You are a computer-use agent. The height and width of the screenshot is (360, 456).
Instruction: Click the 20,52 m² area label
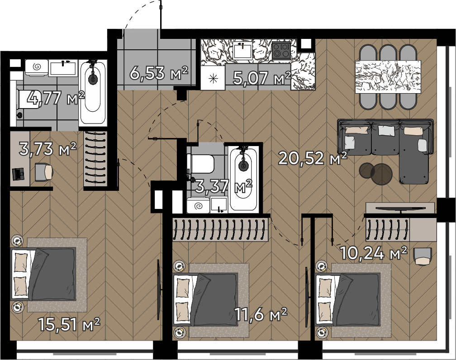click(313, 158)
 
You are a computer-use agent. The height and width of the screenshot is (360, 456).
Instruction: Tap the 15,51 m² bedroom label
click(69, 324)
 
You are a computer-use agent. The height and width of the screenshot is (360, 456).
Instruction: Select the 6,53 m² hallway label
click(159, 73)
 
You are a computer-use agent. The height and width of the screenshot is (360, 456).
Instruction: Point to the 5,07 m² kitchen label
click(261, 77)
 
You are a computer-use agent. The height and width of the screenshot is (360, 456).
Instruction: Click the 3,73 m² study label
click(47, 149)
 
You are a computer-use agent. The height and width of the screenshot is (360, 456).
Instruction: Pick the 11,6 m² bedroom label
click(261, 314)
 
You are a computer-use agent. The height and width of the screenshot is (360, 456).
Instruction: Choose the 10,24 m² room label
click(373, 253)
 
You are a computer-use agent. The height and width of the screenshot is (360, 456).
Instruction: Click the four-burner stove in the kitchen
click(281, 49)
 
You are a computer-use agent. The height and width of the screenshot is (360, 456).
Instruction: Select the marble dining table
click(388, 76)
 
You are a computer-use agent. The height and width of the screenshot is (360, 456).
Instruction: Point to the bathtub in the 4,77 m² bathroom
click(93, 92)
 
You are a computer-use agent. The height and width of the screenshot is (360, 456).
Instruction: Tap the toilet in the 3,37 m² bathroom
click(201, 164)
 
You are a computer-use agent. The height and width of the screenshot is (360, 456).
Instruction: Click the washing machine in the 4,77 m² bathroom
click(36, 68)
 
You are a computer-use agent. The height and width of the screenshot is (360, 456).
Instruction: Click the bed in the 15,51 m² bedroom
click(43, 274)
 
